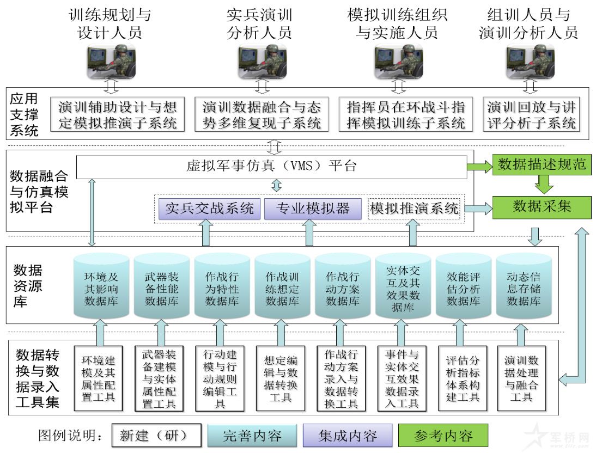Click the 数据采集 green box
[x=542, y=207]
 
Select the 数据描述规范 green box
[x=542, y=164]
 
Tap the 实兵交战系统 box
[x=209, y=209]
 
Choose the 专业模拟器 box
[x=313, y=209]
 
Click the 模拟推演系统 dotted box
[x=414, y=209]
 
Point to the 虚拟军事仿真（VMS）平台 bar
[x=271, y=167]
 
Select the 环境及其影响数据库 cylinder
[x=101, y=287]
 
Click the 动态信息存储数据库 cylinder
[x=524, y=287]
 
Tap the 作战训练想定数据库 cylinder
[x=282, y=287]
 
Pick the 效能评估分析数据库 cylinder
[x=463, y=287]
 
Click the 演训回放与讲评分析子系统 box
[x=531, y=114]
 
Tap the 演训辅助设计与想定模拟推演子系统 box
[x=118, y=114]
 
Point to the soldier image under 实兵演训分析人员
[x=262, y=62]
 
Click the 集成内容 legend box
[x=348, y=436]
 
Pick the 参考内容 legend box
[x=443, y=436]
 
